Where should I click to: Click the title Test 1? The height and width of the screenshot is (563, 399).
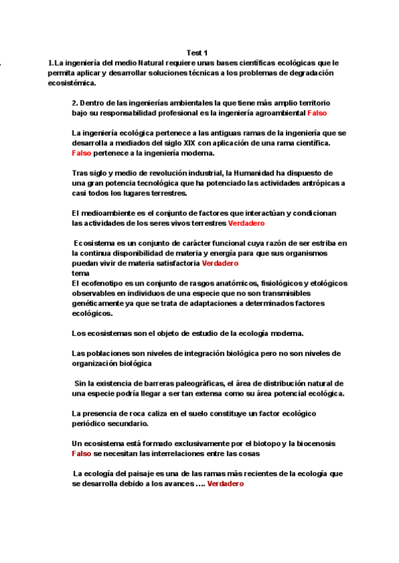click(x=198, y=52)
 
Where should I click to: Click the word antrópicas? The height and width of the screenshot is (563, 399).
click(x=313, y=183)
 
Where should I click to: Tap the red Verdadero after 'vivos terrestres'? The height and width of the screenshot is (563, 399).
click(x=246, y=223)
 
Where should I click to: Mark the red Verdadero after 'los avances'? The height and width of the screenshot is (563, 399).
click(x=225, y=484)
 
